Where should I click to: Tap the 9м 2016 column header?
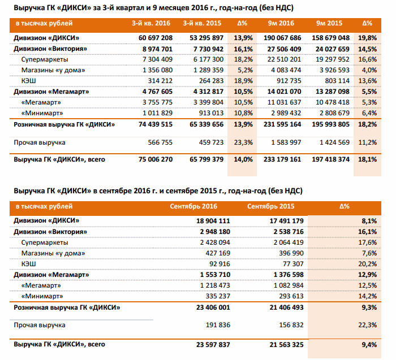(281, 24)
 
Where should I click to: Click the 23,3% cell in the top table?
(242, 142)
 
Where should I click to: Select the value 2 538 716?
(287, 231)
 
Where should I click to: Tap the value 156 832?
(292, 325)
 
